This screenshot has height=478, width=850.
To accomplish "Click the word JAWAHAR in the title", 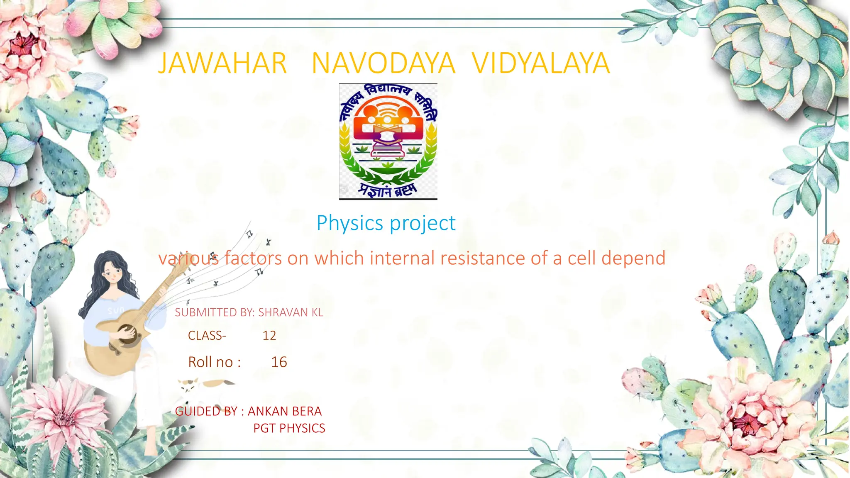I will coord(222,63).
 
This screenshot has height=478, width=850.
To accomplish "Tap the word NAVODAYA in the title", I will coord(383,63).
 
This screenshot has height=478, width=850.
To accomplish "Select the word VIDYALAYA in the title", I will coord(541,63).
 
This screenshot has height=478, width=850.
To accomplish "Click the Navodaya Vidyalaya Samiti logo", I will coord(388,141).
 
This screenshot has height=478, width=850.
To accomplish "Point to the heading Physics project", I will coord(386,223).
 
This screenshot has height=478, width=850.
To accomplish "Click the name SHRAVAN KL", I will coord(291,312).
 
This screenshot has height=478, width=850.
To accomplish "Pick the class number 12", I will coord(269,335).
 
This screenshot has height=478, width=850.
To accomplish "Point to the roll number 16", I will coord(279,362).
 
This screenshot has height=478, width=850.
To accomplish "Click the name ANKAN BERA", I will coord(285,411).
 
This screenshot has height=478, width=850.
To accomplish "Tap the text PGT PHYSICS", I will coord(289,428).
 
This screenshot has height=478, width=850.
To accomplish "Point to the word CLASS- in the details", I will coord(207,335).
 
